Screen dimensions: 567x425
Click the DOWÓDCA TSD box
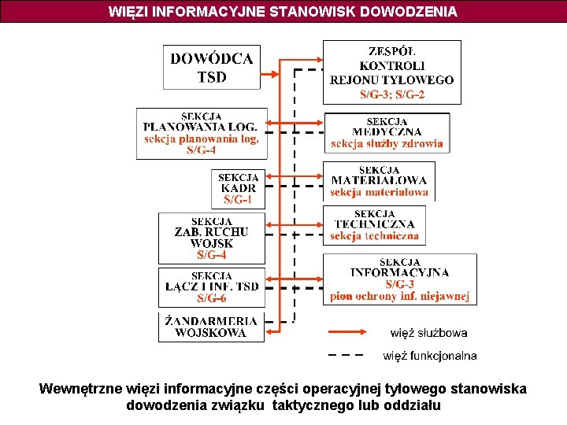(x=212, y=67)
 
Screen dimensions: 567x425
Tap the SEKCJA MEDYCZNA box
(x=387, y=132)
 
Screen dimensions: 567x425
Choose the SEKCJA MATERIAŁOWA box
(x=379, y=180)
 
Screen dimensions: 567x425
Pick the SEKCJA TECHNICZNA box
(x=374, y=224)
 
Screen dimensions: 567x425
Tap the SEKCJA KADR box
(x=238, y=189)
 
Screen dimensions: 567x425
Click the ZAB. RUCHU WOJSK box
(x=211, y=238)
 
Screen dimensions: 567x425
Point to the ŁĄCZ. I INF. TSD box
(x=211, y=286)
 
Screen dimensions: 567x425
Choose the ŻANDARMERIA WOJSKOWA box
(x=211, y=327)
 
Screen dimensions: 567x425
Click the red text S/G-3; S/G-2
(x=392, y=94)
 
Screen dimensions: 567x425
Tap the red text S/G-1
(x=238, y=201)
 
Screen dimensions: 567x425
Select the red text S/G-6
(x=211, y=298)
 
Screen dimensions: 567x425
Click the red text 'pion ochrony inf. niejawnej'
(x=399, y=296)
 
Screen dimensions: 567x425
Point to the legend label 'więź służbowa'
(x=428, y=333)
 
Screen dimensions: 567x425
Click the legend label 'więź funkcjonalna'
(x=430, y=356)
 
